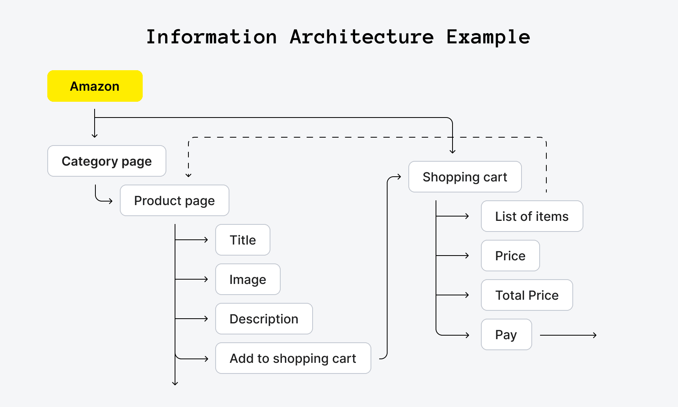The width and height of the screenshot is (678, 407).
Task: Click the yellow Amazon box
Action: point(95,86)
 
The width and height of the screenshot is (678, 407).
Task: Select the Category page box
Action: point(107,161)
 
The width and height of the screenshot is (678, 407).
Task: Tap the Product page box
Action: point(175,200)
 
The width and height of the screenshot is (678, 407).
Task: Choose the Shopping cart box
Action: point(465,177)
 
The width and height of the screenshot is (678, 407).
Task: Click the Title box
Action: point(243,240)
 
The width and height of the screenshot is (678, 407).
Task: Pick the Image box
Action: point(248,279)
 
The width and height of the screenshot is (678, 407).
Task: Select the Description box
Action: point(264,319)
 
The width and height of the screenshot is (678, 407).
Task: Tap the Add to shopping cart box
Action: point(293,358)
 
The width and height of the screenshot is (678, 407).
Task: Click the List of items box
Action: point(532,216)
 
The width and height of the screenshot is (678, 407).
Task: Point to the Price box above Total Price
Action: point(510,256)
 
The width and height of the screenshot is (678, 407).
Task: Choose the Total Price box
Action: point(527,295)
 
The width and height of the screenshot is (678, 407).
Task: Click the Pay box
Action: point(507,334)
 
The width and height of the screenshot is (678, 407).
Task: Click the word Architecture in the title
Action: point(362,37)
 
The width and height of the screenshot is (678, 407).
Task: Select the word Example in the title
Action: point(488,37)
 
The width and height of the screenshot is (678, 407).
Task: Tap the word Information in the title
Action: point(212,37)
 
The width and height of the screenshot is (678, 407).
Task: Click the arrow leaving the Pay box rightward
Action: point(568,335)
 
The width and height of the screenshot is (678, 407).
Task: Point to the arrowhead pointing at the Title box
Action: point(206,240)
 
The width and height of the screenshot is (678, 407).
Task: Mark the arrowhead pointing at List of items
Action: point(467,216)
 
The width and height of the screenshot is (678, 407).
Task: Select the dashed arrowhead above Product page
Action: point(188,175)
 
